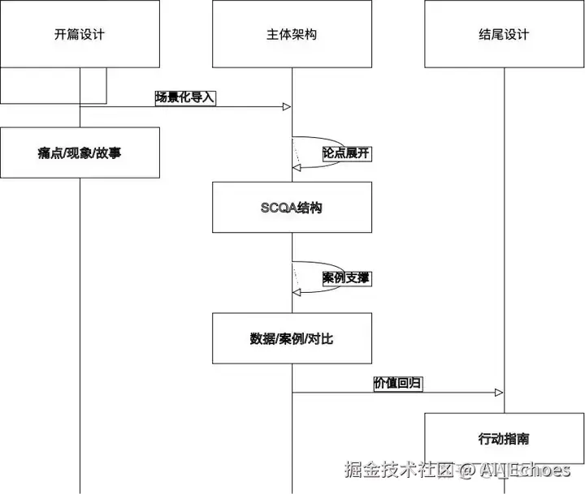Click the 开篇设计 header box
tap(80, 34)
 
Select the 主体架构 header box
tap(292, 34)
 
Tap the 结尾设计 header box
tap(504, 34)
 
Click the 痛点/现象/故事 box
tap(80, 152)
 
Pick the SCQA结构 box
tap(292, 208)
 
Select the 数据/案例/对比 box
tap(292, 338)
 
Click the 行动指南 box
tap(504, 439)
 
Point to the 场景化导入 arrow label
tap(185, 97)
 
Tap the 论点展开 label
tap(346, 152)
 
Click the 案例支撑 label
tap(346, 278)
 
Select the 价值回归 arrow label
tap(397, 383)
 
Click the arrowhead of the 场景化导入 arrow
tap(287, 107)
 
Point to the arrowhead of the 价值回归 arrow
tap(499, 393)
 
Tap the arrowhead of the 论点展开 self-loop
tap(297, 167)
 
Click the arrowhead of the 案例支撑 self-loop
tap(297, 293)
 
